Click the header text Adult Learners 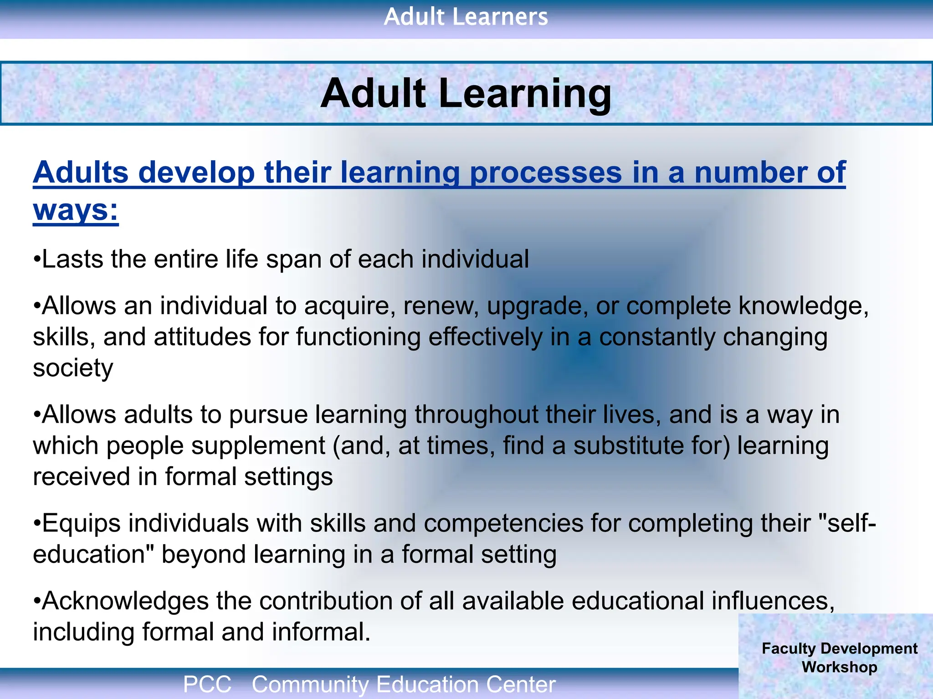466,17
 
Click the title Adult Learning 466,93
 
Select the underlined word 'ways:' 76,210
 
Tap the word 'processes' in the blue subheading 546,173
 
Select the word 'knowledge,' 804,306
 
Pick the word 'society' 73,368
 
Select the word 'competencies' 503,524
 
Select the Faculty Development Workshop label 839,658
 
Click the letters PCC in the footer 207,684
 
